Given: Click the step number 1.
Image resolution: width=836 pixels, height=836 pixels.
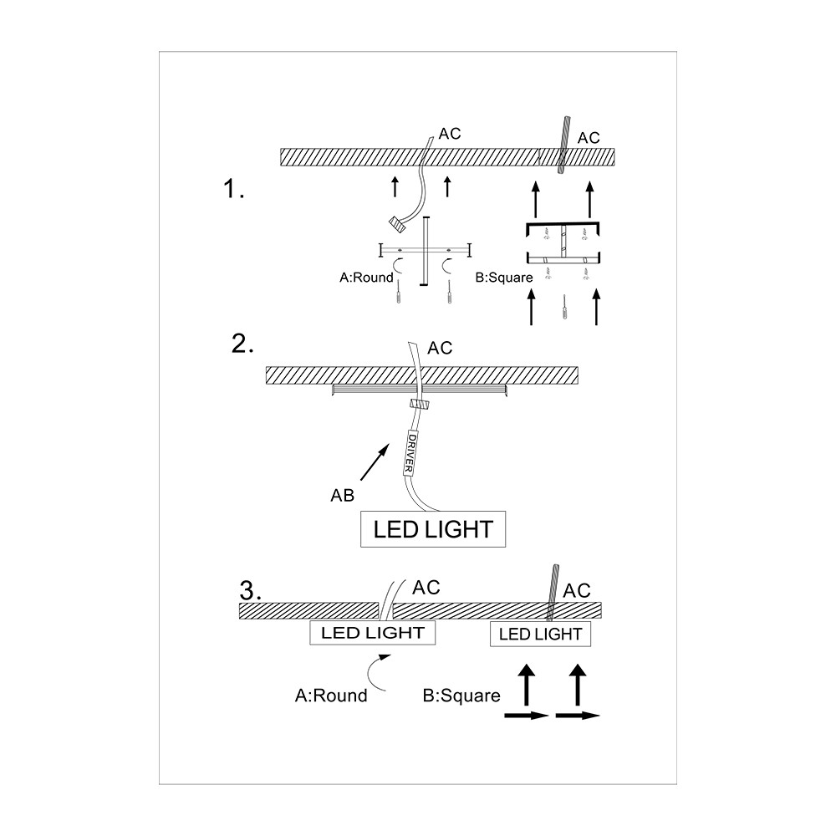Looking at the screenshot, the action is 233,189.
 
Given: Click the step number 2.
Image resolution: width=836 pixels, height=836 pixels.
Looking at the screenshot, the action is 242,344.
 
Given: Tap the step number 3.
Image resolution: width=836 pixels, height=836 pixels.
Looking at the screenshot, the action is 251,590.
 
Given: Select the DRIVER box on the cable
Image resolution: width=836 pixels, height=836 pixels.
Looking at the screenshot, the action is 410,453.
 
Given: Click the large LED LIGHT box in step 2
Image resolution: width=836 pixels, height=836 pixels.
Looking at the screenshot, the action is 433,529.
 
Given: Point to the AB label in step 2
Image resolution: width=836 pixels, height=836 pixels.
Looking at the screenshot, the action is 342,495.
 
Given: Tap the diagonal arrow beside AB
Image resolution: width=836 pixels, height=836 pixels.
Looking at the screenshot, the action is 375,463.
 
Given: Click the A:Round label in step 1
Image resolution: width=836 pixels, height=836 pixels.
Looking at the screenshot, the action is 366,278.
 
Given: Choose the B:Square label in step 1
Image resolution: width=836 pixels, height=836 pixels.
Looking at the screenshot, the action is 504,278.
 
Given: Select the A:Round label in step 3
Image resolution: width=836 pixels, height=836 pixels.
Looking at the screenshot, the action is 331,696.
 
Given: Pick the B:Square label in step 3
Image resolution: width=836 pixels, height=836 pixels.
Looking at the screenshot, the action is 461,696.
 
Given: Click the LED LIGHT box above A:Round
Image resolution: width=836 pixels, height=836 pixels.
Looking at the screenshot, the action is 373,632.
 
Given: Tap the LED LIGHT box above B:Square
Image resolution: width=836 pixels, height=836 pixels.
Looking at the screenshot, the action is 540,634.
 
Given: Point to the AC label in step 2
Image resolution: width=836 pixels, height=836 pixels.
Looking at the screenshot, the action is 440,348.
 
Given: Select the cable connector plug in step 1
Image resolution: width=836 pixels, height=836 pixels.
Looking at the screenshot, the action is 397,224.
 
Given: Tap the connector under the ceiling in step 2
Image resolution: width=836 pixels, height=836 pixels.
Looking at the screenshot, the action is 420,404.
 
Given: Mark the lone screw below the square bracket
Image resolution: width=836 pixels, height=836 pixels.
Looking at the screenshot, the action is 564,308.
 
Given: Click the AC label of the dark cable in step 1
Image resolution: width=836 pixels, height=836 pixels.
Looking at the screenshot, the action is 589,138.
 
